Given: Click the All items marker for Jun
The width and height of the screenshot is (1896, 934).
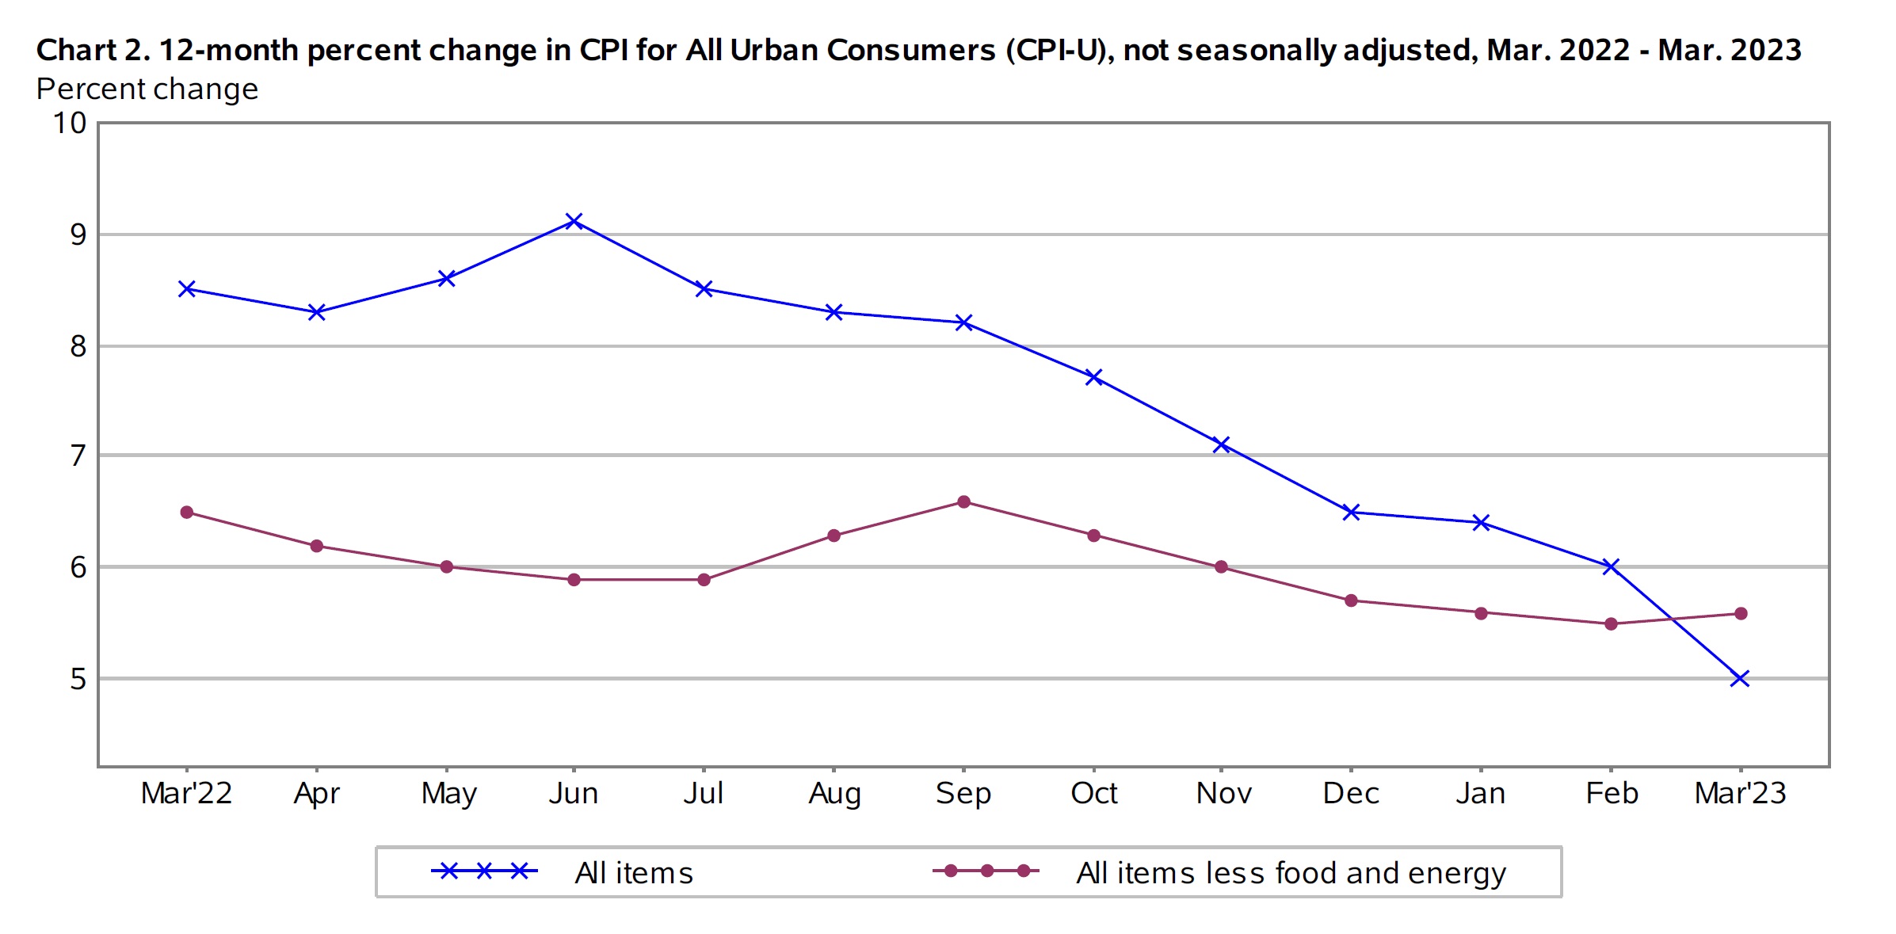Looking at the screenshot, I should (574, 221).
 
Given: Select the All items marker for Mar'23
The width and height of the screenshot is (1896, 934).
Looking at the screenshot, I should (1740, 678).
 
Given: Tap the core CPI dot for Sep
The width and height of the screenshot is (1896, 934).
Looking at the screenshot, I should (963, 502).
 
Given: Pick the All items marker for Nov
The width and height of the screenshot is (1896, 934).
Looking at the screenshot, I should (1221, 444).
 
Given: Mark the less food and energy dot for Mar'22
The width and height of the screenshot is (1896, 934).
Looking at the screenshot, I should (187, 513).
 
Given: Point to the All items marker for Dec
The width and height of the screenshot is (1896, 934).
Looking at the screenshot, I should (1352, 513).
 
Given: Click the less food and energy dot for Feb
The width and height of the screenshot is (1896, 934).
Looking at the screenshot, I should (1611, 624).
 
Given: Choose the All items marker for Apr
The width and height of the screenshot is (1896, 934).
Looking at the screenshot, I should (316, 312).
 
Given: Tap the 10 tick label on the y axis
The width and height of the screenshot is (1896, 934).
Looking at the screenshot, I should (70, 124).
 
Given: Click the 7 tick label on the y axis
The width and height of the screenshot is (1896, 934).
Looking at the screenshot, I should (78, 456).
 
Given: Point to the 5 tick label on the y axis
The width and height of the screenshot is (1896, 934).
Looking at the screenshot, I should (78, 679).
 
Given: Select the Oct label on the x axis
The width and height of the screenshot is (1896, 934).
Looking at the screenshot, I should (1093, 793).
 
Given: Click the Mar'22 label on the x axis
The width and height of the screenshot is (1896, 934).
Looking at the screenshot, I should (186, 793).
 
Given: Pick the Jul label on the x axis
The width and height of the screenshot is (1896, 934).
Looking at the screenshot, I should (704, 793).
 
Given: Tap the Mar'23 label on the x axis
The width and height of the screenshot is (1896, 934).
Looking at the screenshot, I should (1740, 793).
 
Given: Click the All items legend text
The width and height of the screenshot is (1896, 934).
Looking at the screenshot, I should (634, 873).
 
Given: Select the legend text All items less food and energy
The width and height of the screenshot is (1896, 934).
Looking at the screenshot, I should (1291, 873).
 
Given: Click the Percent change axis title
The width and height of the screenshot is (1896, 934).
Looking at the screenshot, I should (147, 90).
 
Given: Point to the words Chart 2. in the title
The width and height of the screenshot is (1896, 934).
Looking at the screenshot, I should (93, 50).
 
